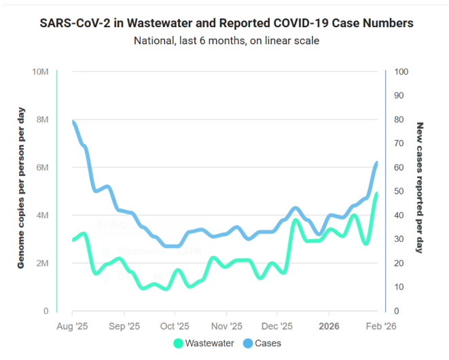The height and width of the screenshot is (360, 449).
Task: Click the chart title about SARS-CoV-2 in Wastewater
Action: click(x=226, y=23)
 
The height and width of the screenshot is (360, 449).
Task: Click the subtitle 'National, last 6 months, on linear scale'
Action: click(x=226, y=41)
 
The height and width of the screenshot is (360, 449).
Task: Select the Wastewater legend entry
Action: click(x=204, y=343)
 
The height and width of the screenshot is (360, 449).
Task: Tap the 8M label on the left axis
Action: click(x=42, y=120)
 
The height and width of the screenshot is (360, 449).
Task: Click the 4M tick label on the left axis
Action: click(x=42, y=215)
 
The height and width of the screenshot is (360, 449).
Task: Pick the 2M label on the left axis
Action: click(x=42, y=264)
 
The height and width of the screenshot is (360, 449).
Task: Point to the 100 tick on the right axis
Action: click(x=401, y=72)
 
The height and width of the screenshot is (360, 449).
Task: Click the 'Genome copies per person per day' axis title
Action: click(x=21, y=187)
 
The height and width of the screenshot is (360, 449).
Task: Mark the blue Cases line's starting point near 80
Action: click(x=73, y=122)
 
